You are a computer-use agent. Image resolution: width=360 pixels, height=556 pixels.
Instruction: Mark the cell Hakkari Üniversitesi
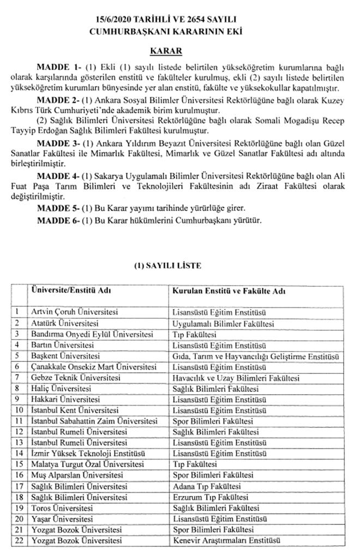[x=62, y=399]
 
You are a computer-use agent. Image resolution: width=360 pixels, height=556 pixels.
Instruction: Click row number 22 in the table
[x=20, y=540]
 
